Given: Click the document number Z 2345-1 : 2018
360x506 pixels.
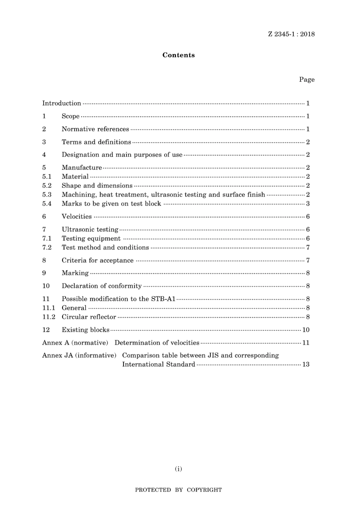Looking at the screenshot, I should pos(291,34).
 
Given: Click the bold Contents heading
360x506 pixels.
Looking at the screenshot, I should pos(178,55).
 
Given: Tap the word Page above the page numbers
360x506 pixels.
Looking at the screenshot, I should pos(307,80).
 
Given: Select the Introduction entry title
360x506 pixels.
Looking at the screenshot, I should pos(61,103).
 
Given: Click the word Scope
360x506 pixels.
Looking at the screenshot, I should pos(70,116).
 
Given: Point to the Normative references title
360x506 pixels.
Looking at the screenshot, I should pos(95,129).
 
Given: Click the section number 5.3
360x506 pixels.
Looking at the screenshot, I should pos(47,195).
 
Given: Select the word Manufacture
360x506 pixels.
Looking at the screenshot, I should pos(82,167).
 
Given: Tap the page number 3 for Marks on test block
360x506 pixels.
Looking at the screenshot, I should pos(308,204).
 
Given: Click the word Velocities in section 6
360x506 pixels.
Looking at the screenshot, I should pos(77,217).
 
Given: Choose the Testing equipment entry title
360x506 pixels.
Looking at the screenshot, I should pos(91,239).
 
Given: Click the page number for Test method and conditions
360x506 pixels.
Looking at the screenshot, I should pos(308,248).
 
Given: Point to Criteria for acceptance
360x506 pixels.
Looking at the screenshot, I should pos(97,261).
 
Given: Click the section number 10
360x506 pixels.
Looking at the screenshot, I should pos(46,286).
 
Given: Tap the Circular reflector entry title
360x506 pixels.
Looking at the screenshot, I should pos(89,317).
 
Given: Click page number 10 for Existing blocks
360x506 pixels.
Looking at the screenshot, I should pos(306,330).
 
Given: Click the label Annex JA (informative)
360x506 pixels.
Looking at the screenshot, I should pos(79,356).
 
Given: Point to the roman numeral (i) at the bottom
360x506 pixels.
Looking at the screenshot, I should pos(178,469).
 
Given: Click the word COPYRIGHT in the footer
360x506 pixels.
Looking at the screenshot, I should pos(204,490).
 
